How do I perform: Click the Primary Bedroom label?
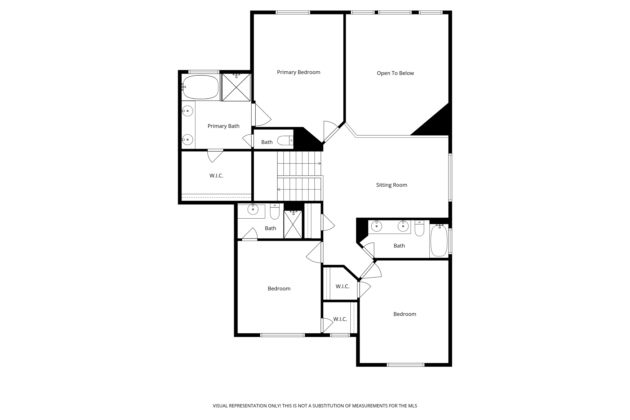coord(298,72)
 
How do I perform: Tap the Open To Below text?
coord(395,73)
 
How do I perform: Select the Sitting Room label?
coord(391,185)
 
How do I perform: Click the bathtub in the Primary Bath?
coord(201,87)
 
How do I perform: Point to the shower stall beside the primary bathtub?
coord(236,87)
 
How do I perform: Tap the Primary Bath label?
coord(223,126)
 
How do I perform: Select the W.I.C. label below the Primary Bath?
coord(216,176)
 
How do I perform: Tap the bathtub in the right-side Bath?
coord(439,241)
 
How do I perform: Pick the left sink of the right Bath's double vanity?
coord(377,227)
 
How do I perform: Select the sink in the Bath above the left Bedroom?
coord(253,209)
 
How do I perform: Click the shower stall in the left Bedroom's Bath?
coord(293,225)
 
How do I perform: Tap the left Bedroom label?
coord(279,288)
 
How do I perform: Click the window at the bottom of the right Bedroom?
coord(405,365)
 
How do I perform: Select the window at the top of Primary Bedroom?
coord(293,13)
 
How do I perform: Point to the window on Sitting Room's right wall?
coord(450,178)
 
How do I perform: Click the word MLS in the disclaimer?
coord(412,406)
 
